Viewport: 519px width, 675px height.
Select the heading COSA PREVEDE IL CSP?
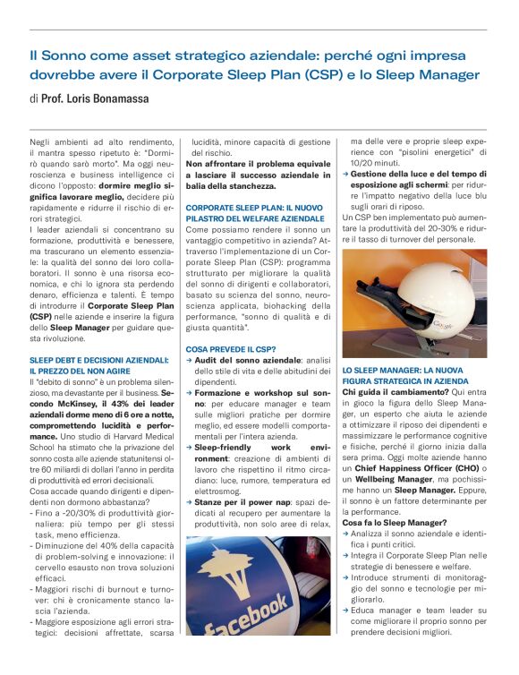230,348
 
